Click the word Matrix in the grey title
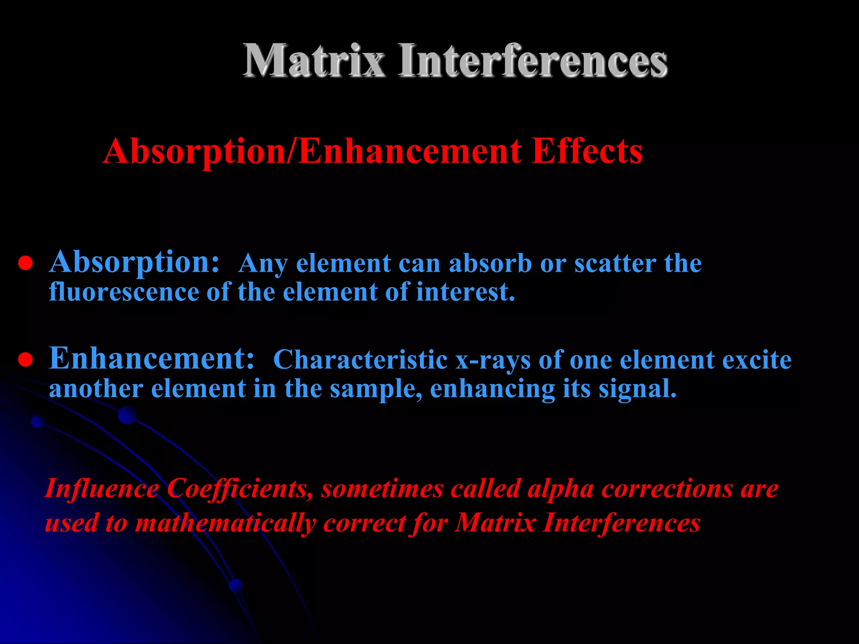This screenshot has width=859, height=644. pos(314,61)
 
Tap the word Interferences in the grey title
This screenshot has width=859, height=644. pos(533,61)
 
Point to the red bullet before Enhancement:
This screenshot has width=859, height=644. pos(26,360)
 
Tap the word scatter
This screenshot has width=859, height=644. pos(615,264)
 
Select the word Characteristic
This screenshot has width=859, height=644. pos(360,360)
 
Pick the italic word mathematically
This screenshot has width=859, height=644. pos(225,524)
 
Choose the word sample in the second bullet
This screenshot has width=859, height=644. pos(376,389)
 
